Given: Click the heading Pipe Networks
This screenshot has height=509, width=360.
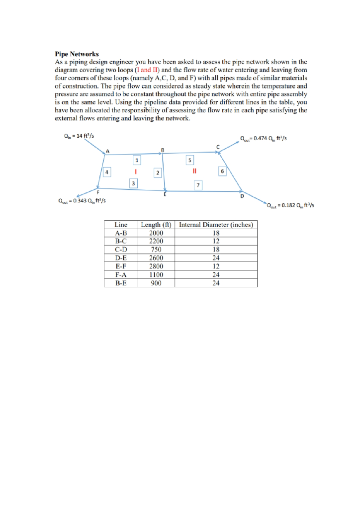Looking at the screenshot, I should (77, 53).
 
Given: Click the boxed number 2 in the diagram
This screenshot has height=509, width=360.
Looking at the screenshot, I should (157, 172).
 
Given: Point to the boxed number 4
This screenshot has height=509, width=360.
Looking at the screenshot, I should (106, 172).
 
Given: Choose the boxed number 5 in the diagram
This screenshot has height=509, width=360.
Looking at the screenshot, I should (189, 160).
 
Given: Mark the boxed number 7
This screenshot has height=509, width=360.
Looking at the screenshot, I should (198, 185).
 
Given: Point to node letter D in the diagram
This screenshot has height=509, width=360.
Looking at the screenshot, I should (242, 196).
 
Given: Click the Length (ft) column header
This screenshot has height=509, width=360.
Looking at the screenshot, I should (157, 225).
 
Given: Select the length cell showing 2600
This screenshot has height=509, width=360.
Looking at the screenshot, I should (157, 258).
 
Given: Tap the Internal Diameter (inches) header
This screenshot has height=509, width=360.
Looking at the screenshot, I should (216, 225).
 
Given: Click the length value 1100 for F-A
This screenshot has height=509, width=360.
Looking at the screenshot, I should (157, 275).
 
